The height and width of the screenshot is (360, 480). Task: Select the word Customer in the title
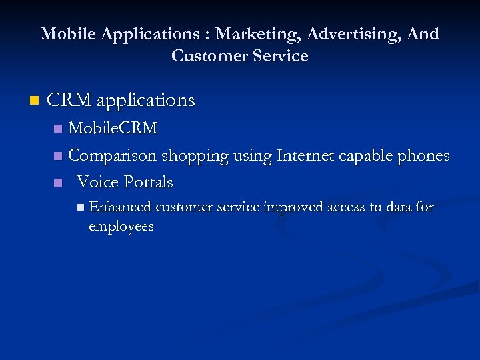pos(207,56)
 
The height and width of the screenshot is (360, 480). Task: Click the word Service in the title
pos(279,56)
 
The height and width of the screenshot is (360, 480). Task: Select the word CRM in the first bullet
pos(70,101)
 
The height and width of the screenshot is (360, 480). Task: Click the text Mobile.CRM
pos(113,128)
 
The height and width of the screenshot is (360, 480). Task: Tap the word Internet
pos(308,155)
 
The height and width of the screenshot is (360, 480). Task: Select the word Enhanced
pos(120,207)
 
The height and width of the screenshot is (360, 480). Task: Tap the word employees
pos(121,227)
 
